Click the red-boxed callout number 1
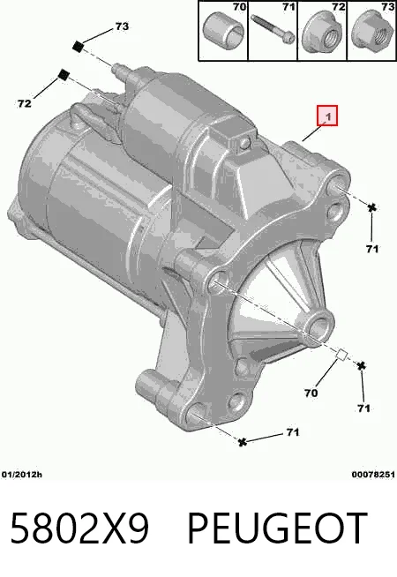(x=327, y=116)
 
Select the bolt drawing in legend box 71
(x=273, y=28)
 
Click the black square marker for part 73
(x=78, y=47)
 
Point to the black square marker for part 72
(x=64, y=74)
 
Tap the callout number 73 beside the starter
(x=122, y=26)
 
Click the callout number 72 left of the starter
(x=25, y=104)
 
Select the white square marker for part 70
(x=341, y=355)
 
